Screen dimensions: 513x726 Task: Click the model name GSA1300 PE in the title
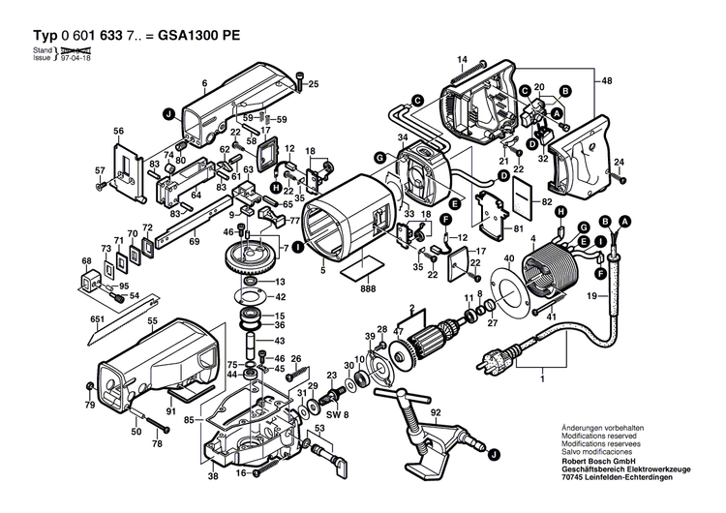pyautogui.click(x=197, y=35)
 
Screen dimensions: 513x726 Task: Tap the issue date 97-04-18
pyautogui.click(x=76, y=58)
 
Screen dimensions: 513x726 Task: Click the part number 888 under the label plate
pyautogui.click(x=368, y=287)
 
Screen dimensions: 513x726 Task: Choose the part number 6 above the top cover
pyautogui.click(x=204, y=85)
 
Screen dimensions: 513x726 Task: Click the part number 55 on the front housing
pyautogui.click(x=152, y=319)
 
